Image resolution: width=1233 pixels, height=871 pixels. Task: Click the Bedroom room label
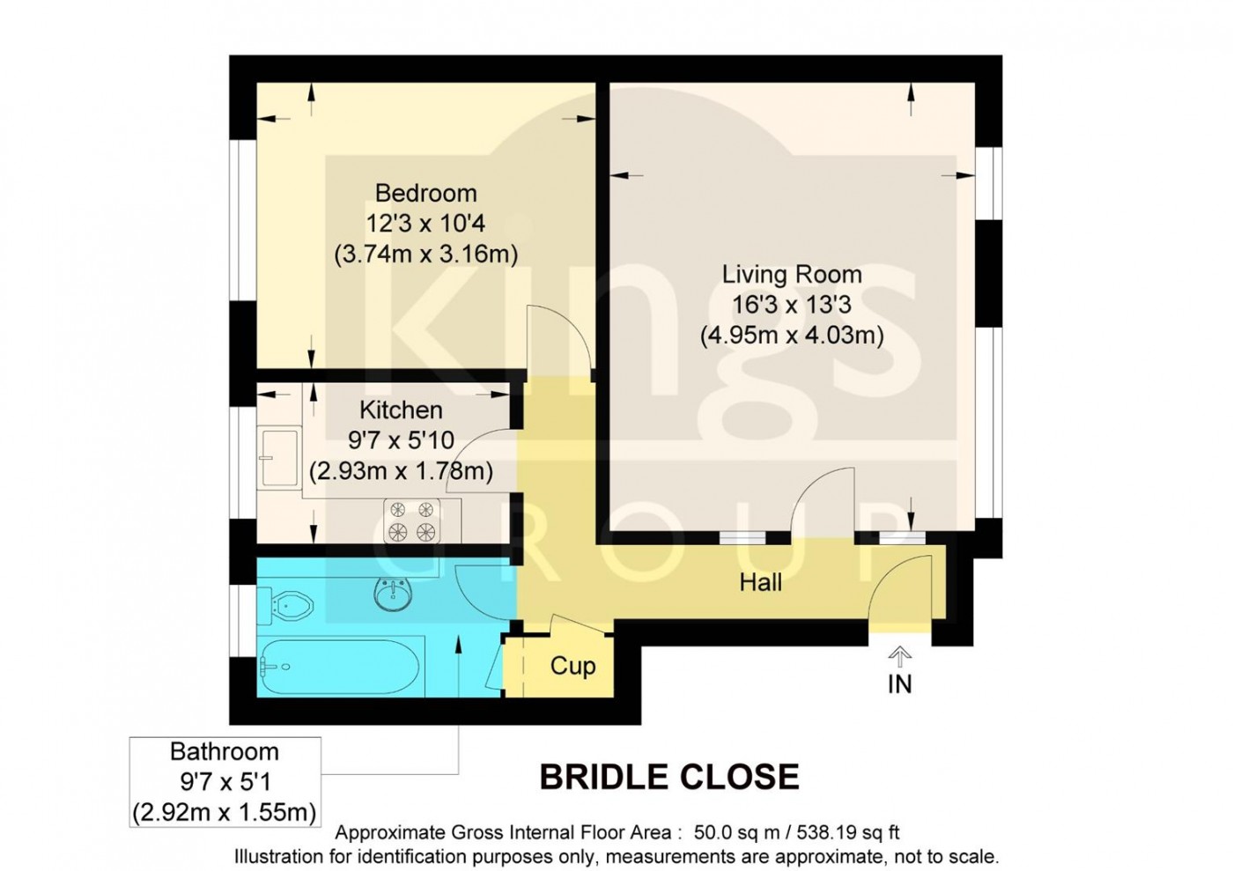click(425, 193)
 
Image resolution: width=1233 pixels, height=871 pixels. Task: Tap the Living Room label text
click(791, 274)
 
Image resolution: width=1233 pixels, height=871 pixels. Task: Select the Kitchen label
click(401, 410)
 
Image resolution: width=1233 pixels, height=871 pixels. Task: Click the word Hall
click(760, 582)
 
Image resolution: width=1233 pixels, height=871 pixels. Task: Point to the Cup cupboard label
click(572, 666)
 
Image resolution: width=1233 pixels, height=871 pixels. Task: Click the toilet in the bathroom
click(289, 605)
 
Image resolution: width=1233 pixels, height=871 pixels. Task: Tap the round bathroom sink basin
click(392, 594)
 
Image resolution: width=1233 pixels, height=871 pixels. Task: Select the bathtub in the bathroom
click(340, 667)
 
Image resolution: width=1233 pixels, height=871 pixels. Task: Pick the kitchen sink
click(279, 457)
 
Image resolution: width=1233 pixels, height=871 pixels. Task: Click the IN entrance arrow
click(899, 656)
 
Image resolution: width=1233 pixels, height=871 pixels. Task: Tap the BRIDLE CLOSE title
click(668, 777)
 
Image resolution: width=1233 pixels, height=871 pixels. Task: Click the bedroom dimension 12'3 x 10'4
click(425, 224)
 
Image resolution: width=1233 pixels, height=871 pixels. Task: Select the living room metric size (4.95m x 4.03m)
click(791, 336)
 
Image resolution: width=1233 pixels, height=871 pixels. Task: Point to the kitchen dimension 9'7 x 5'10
click(401, 439)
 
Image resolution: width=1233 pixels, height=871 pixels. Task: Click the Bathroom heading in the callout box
click(224, 751)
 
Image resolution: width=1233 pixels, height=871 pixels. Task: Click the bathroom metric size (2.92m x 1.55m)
click(224, 812)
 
